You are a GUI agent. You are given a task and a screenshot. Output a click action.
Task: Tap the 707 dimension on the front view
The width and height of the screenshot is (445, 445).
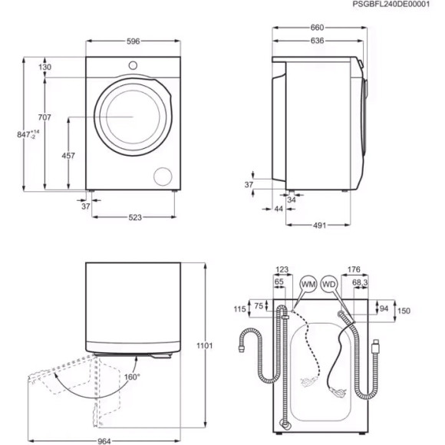(x=44, y=117)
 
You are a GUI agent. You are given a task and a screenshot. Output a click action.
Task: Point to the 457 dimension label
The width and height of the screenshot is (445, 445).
(x=68, y=156)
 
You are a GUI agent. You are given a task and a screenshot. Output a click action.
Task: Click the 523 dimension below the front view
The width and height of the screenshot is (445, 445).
(x=134, y=218)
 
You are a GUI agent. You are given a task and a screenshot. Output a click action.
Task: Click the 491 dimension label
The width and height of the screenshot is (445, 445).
(x=320, y=225)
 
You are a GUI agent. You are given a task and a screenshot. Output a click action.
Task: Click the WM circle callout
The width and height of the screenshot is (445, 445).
(x=308, y=285)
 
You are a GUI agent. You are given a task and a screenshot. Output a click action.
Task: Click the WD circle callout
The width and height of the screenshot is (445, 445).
(x=330, y=285)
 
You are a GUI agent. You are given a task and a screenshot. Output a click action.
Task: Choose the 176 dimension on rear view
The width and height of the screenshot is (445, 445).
(x=354, y=269)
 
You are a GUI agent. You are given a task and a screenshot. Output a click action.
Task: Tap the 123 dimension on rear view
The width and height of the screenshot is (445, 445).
(x=281, y=269)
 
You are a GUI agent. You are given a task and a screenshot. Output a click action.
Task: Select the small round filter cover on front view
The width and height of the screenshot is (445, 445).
(x=163, y=175)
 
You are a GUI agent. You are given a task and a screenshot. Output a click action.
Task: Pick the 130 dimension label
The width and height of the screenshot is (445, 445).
(x=44, y=68)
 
